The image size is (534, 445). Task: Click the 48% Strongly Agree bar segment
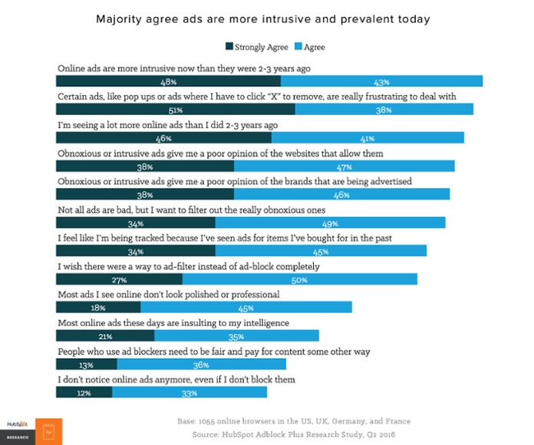pyautogui.click(x=169, y=81)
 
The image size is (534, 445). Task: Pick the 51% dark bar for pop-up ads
pyautogui.click(x=175, y=109)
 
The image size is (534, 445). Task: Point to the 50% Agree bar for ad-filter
pyautogui.click(x=300, y=279)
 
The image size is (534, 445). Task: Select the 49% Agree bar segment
pyautogui.click(x=330, y=222)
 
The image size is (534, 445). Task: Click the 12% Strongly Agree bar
pyautogui.click(x=84, y=392)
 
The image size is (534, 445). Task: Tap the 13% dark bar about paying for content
pyautogui.click(x=86, y=364)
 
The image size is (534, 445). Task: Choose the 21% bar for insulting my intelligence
pyautogui.click(x=105, y=335)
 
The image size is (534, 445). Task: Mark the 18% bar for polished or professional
pyautogui.click(x=98, y=307)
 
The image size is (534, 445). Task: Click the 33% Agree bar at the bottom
pyautogui.click(x=190, y=392)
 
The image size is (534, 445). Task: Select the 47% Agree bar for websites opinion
pyautogui.click(x=344, y=166)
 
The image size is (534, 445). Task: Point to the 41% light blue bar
pyautogui.click(x=368, y=137)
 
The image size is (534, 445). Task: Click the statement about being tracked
pyautogui.click(x=225, y=238)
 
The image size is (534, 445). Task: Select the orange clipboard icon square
pyautogui.click(x=48, y=431)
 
